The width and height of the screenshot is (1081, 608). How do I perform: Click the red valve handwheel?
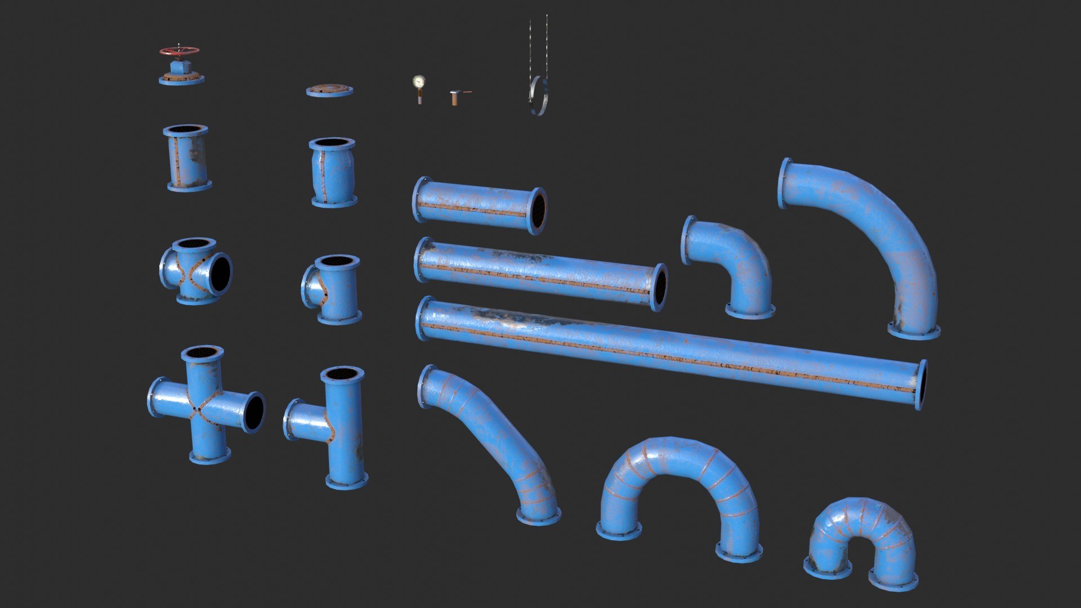[179, 51]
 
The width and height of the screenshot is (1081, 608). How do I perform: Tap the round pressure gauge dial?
[418, 82]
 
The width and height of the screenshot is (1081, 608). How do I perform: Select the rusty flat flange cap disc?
[329, 90]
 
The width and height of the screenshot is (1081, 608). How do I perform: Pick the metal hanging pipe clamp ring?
[538, 96]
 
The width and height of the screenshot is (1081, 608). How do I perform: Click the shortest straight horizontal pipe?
[479, 205]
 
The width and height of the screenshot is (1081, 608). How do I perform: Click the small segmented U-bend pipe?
[861, 529]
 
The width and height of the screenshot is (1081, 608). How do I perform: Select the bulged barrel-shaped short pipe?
[333, 172]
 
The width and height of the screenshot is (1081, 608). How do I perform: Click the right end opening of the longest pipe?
[921, 385]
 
